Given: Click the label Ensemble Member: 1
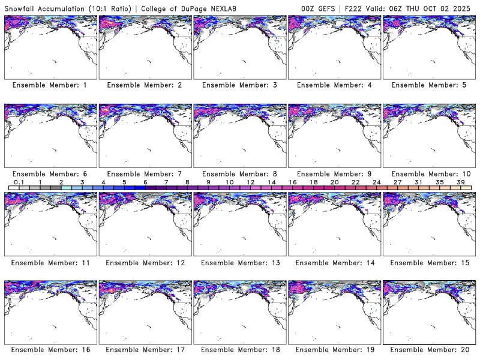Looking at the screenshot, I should pos(50,85).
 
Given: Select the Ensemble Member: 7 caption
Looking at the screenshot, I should pos(145,174).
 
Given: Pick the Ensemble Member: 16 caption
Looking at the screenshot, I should pos(50,349).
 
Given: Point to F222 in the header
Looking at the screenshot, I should pos(352,7).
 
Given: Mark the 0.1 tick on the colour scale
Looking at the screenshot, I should pos(19,182).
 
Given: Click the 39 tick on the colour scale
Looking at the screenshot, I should pos(461,182).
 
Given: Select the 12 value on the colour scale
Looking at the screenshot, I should pos(250,182).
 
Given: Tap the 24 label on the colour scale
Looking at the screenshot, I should pos(376,182).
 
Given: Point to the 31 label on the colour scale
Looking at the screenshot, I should pos(418,182).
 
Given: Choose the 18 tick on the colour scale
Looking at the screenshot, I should pos(313,182).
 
